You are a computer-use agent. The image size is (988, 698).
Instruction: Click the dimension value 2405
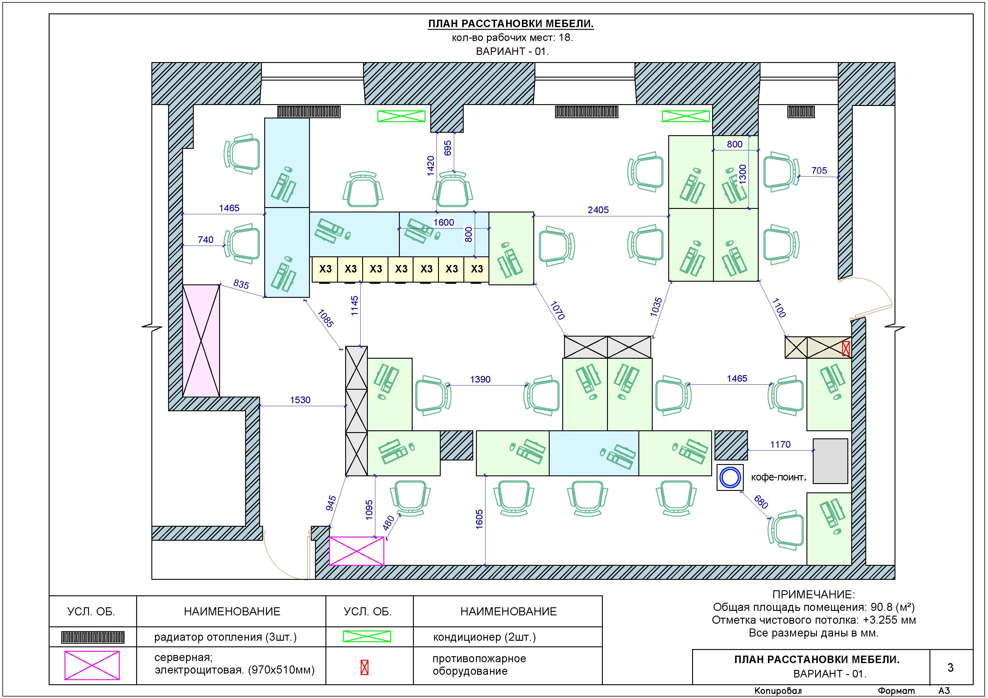pyautogui.click(x=598, y=210)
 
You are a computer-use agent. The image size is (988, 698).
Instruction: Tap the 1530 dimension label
pyautogui.click(x=300, y=400)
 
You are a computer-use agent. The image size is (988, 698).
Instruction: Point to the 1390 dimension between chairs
pyautogui.click(x=480, y=379)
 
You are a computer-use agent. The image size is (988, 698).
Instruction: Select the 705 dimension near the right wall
pyautogui.click(x=819, y=170)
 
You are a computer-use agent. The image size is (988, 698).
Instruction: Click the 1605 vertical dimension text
pyautogui.click(x=479, y=519)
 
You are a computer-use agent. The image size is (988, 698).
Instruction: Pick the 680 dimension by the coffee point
pyautogui.click(x=761, y=502)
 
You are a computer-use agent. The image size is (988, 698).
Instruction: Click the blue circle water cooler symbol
pyautogui.click(x=730, y=477)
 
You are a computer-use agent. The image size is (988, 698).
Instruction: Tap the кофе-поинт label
pyautogui.click(x=778, y=477)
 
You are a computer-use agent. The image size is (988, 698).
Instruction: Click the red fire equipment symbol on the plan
pyautogui.click(x=846, y=348)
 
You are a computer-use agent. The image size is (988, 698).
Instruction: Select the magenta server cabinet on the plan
pyautogui.click(x=356, y=551)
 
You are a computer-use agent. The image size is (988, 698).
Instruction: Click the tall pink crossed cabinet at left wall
pyautogui.click(x=201, y=340)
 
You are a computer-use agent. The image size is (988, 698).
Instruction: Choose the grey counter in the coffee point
pyautogui.click(x=830, y=461)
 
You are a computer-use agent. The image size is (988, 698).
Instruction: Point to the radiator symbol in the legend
pyautogui.click(x=93, y=637)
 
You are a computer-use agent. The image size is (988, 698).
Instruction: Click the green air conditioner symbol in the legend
pyautogui.click(x=367, y=637)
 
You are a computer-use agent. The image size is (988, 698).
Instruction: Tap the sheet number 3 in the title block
pyautogui.click(x=951, y=668)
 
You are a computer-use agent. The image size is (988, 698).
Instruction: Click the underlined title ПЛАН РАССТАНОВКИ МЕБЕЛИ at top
pyautogui.click(x=511, y=24)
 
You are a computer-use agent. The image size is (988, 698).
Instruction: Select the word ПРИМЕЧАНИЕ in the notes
pyautogui.click(x=813, y=595)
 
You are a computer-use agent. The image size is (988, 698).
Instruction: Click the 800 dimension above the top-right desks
pyautogui.click(x=735, y=144)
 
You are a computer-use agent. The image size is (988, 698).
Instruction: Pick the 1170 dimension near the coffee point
pyautogui.click(x=780, y=445)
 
